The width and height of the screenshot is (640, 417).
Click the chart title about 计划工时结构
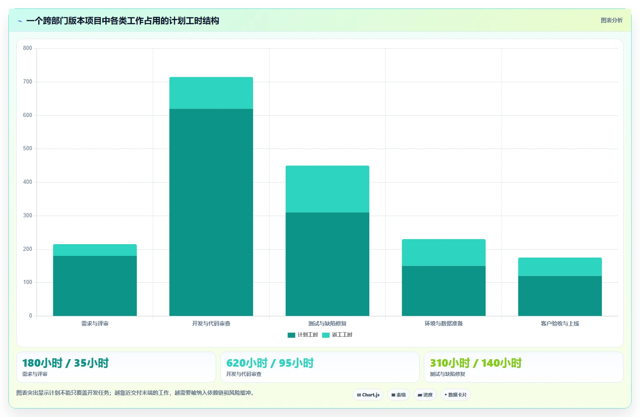click(x=123, y=21)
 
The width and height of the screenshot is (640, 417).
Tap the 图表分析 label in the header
click(x=611, y=20)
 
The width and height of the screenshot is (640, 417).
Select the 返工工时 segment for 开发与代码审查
click(x=211, y=93)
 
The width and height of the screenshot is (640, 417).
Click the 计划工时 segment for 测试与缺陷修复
click(x=327, y=264)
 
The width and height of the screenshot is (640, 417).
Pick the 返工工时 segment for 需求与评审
click(x=95, y=250)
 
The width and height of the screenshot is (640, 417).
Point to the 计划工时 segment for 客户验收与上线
click(x=560, y=296)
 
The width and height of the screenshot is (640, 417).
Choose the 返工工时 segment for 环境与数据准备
click(x=444, y=253)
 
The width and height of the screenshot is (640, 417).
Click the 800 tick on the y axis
click(x=28, y=48)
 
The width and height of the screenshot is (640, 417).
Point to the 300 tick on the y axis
click(x=28, y=215)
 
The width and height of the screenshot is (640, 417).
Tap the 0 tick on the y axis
click(x=31, y=315)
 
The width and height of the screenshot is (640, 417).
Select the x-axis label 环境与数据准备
click(x=444, y=323)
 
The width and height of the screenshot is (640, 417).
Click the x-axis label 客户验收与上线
click(x=560, y=323)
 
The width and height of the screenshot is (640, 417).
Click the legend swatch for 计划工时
click(x=291, y=335)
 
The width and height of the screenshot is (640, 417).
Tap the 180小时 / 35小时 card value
click(x=65, y=363)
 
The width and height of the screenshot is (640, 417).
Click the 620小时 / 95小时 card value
click(x=270, y=363)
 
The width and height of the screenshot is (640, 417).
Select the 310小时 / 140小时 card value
click(x=476, y=363)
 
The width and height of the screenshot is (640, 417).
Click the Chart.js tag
click(x=368, y=395)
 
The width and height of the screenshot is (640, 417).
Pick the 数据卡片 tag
click(x=455, y=395)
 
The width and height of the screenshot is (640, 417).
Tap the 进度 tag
click(x=425, y=395)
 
